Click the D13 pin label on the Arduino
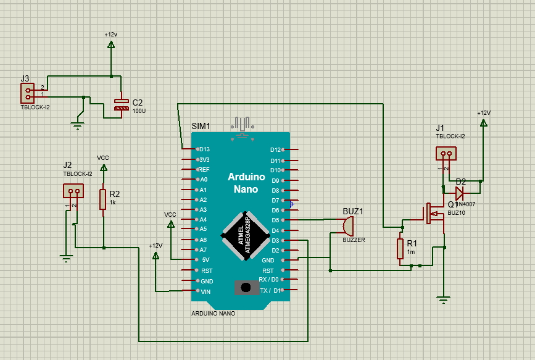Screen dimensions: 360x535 tap(204, 149)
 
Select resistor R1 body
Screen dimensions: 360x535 tap(401, 249)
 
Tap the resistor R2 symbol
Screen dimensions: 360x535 tap(103, 199)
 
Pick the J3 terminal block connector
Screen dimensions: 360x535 tap(28, 93)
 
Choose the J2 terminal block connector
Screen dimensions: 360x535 tap(73, 191)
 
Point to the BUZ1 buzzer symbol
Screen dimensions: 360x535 tap(349, 225)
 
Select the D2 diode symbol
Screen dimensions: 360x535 tap(460, 190)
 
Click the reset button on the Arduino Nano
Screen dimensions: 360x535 tap(246, 287)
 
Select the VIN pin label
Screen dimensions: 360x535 tap(205, 291)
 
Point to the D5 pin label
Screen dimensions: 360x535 tap(276, 220)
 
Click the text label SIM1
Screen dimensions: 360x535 tap(201, 126)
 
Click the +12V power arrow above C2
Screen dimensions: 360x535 tap(111, 44)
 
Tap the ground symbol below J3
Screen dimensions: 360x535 tap(77, 125)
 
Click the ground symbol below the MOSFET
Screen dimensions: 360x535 tap(442, 301)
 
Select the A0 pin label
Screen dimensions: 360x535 tap(204, 180)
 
